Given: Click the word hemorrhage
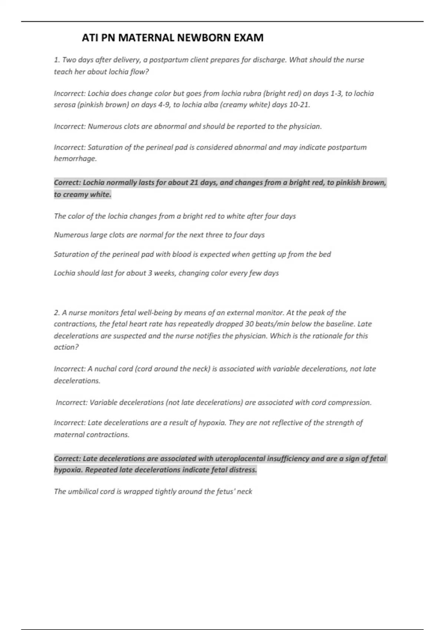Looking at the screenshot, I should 75,159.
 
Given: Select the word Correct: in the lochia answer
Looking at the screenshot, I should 67,182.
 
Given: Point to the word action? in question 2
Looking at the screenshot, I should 66,347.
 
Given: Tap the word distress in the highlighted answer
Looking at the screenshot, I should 243,470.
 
